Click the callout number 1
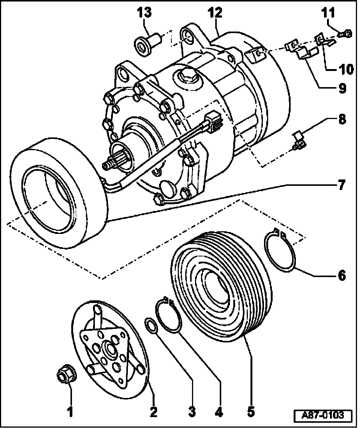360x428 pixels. [x=70, y=411]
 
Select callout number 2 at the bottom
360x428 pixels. [x=153, y=411]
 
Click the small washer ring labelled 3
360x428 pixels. [x=151, y=325]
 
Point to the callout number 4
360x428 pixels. [x=219, y=411]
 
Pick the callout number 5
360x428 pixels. [x=251, y=411]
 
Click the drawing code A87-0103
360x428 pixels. [x=323, y=416]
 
